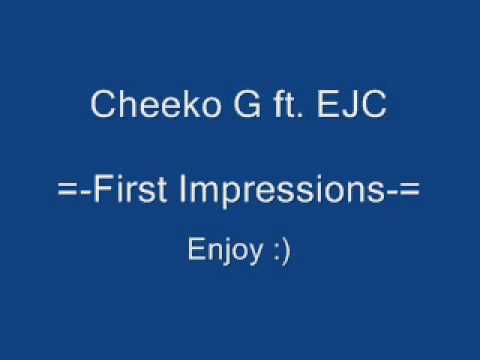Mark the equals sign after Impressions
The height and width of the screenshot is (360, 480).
coord(405,193)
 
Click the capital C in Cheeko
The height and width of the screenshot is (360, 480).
coord(101,104)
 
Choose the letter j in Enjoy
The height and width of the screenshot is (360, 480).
coord(220,251)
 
